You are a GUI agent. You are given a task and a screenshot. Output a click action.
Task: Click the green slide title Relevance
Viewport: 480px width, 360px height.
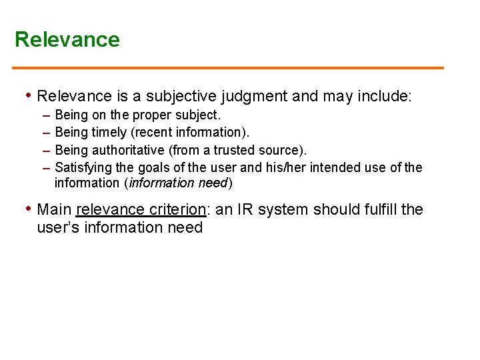coord(67,39)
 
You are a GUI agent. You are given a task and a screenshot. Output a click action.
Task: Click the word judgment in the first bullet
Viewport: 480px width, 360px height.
coord(257,97)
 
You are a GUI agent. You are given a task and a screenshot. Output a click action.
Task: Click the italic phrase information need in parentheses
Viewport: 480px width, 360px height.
coord(188,183)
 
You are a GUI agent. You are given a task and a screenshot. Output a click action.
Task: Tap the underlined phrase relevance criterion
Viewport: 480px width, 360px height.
coord(141,209)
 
